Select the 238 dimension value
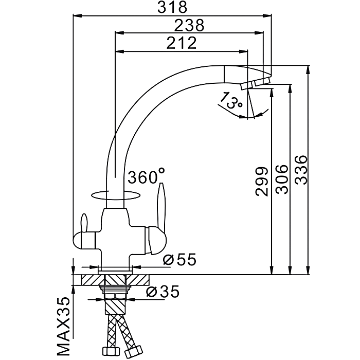[189, 25]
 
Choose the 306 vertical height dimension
[280, 179]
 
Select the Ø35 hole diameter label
[164, 292]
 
